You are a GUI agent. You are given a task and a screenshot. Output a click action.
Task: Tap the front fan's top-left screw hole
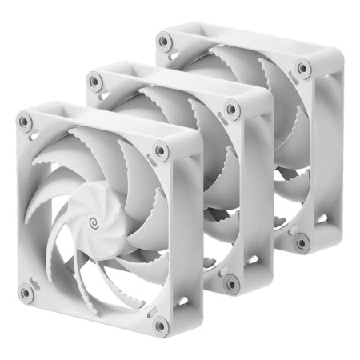(x=26, y=122)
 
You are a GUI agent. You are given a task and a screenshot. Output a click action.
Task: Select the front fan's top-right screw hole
(x=161, y=150)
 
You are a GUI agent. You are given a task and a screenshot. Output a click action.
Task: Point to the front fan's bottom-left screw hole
(x=26, y=292)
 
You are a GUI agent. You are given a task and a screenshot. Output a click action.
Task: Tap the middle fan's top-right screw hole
(x=232, y=109)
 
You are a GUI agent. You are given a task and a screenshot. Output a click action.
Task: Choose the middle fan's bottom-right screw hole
(x=232, y=282)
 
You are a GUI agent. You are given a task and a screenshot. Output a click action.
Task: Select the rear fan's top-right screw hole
(x=303, y=68)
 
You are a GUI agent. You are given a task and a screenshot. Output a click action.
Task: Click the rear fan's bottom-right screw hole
(x=302, y=242)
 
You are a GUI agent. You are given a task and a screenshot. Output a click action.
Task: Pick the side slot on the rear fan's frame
(x=322, y=218)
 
